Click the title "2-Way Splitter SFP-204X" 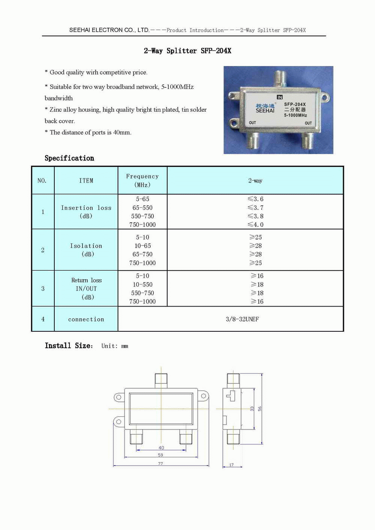tap(187, 51)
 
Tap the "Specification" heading tap(69, 158)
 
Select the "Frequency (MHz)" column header tap(142, 180)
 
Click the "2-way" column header tap(255, 181)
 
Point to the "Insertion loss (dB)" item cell tap(86, 212)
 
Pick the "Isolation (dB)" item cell tap(86, 250)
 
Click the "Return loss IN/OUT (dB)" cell tap(86, 289)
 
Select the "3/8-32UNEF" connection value tap(242, 319)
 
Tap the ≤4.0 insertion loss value tap(256, 225)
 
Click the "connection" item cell tap(86, 319)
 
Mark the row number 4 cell tap(43, 319)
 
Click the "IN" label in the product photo tap(280, 97)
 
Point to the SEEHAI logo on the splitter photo tap(265, 108)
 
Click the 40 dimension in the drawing tap(161, 448)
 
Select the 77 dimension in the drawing tap(160, 464)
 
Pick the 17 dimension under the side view tap(231, 465)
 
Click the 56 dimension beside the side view tap(259, 409)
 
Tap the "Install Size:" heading tap(69, 346)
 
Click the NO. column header tap(42, 181)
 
